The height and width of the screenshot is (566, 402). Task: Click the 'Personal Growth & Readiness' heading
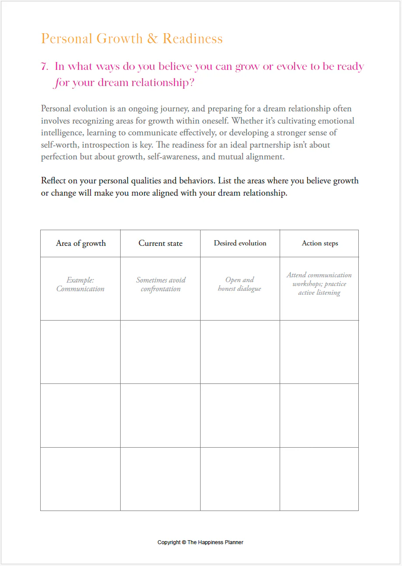[x=132, y=39]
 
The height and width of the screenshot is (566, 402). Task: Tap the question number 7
[x=44, y=67]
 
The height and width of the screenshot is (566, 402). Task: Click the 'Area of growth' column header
[x=81, y=243]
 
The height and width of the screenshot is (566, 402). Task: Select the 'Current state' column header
[x=160, y=243]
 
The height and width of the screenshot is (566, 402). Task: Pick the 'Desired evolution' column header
[x=240, y=243]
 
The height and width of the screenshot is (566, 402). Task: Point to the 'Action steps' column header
[x=320, y=243]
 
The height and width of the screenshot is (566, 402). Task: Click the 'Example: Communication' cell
[x=80, y=284]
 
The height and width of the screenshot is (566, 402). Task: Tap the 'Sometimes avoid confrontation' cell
[x=161, y=284]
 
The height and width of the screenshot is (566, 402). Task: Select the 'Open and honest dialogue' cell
[x=239, y=284]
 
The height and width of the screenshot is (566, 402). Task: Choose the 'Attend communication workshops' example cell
[x=319, y=284]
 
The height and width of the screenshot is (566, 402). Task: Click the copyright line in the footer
[x=200, y=542]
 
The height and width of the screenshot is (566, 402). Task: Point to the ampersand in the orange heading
[x=152, y=39]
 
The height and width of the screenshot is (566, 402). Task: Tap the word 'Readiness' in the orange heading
[x=193, y=39]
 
